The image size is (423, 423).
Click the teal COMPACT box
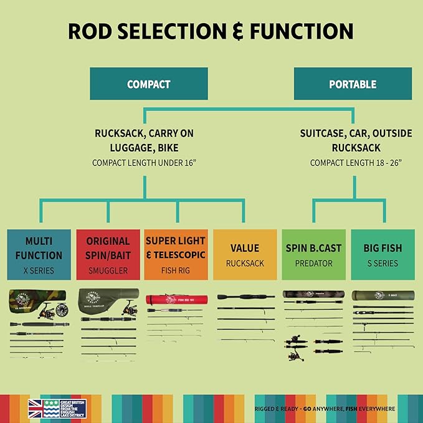pyautogui.click(x=148, y=83)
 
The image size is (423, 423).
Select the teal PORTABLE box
pyautogui.click(x=352, y=83)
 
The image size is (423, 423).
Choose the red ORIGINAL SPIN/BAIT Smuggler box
pyautogui.click(x=108, y=255)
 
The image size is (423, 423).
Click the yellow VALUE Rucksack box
pyautogui.click(x=245, y=255)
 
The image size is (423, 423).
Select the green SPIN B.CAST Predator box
pyautogui.click(x=313, y=255)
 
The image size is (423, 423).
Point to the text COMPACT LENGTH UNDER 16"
pyautogui.click(x=145, y=163)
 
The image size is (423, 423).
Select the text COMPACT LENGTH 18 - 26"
pyautogui.click(x=356, y=163)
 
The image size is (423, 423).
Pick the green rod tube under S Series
pyautogui.click(x=382, y=295)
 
